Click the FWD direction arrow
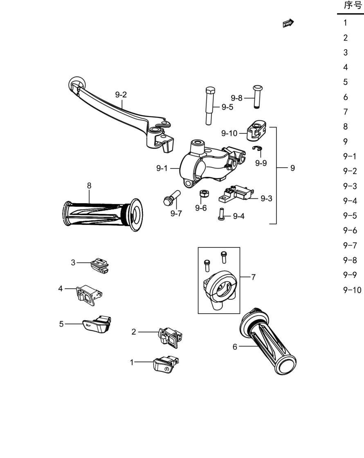pos(288,23)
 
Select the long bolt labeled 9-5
pos(209,106)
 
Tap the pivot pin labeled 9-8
pos(257,97)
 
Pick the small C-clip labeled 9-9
pos(257,148)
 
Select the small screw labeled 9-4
pos(221,214)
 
